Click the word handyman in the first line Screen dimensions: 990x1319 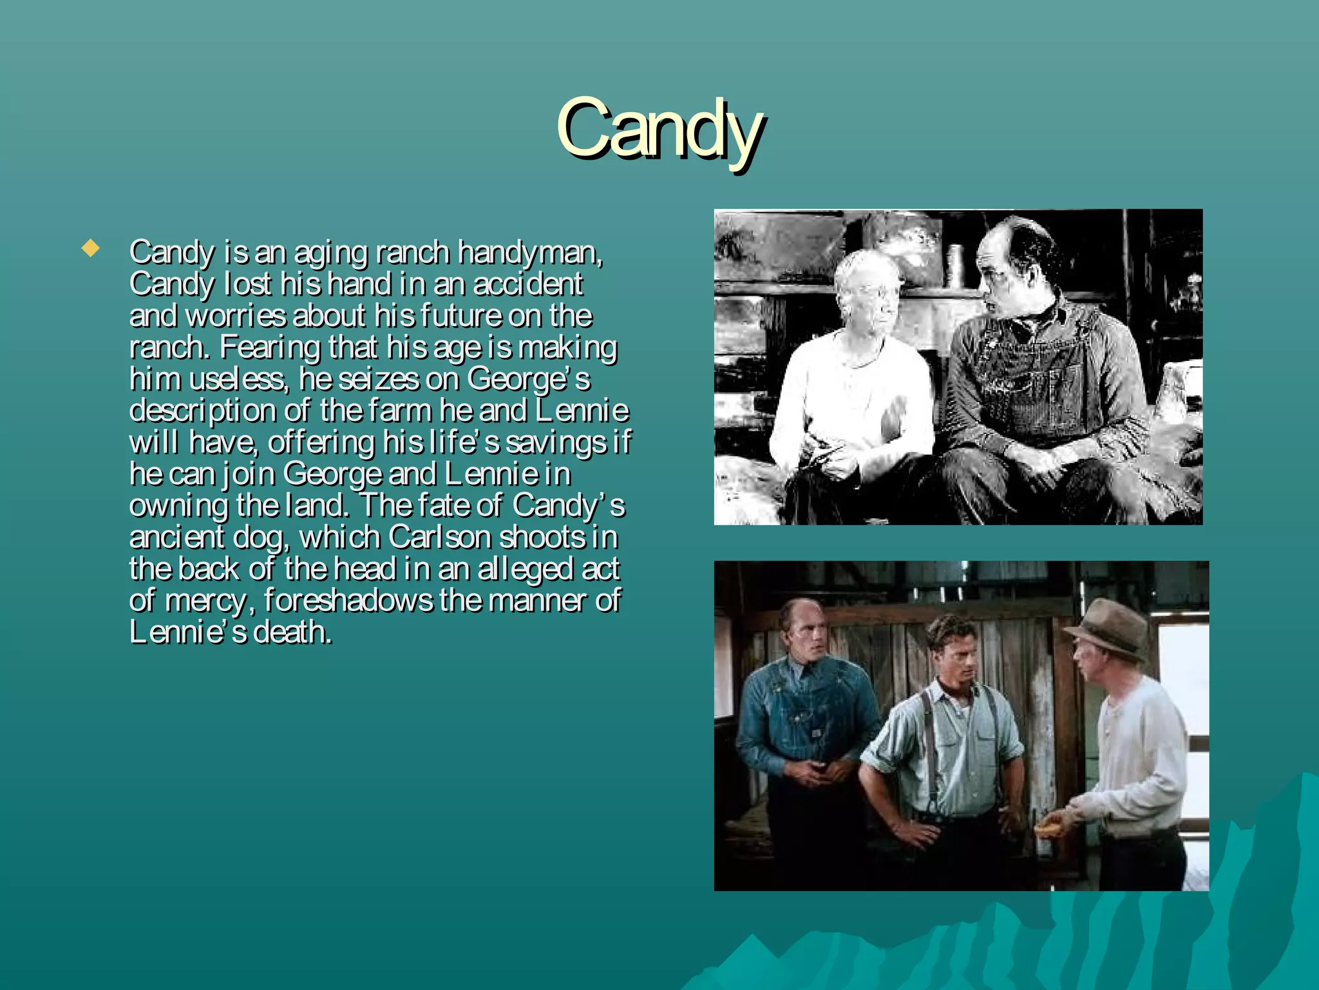(x=529, y=253)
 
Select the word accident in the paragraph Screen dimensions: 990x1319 (x=528, y=284)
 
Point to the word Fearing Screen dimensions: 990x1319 (x=270, y=347)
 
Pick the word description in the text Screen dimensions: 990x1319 (x=202, y=411)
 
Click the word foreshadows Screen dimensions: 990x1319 (x=348, y=601)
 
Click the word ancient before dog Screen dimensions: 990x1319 (x=176, y=538)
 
